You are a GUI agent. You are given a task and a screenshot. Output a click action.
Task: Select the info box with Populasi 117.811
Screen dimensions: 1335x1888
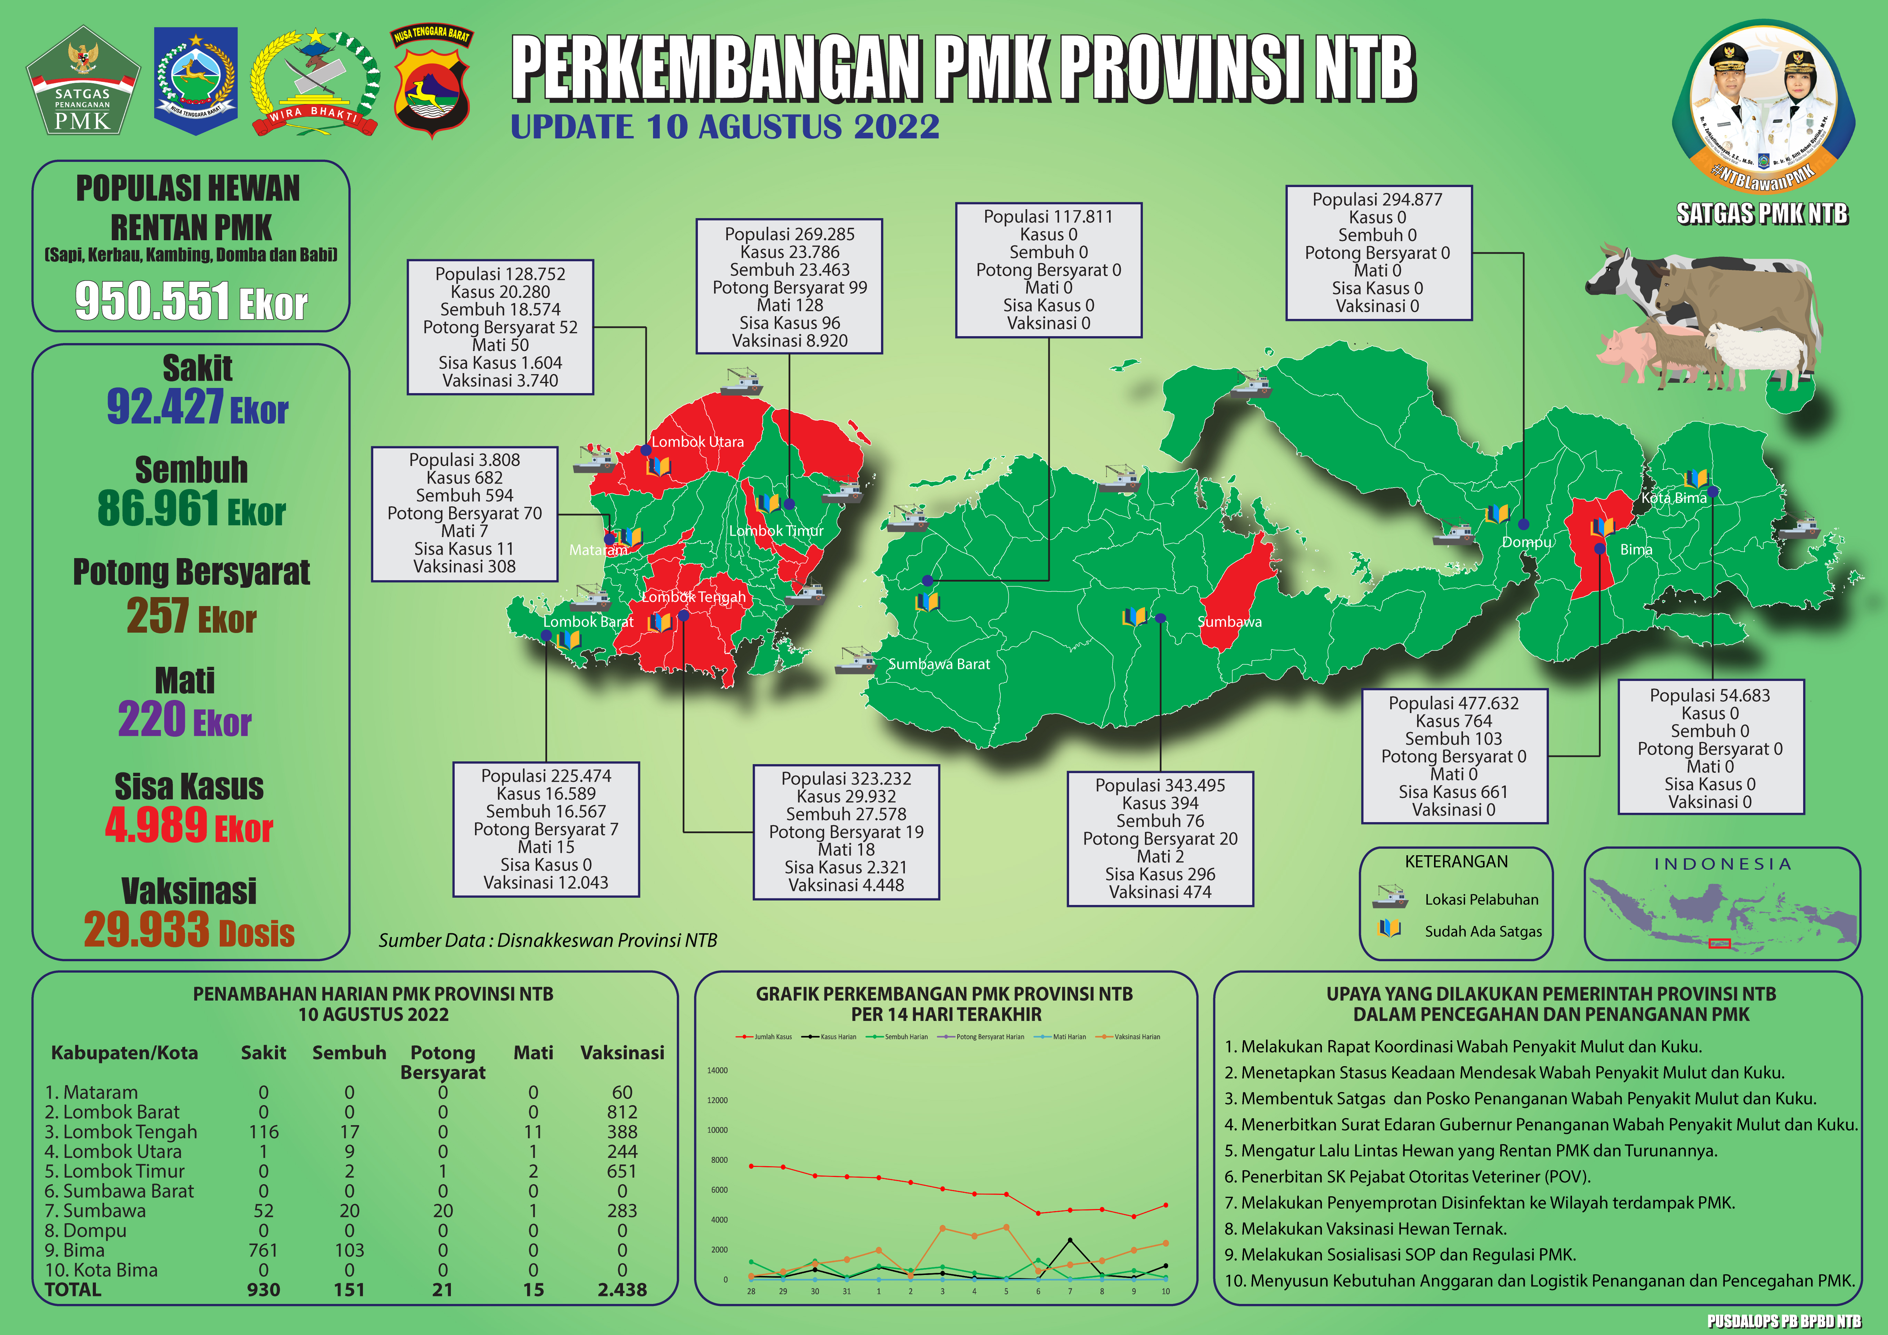1048,270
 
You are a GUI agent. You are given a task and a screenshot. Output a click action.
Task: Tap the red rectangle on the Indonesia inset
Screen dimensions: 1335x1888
1719,944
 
